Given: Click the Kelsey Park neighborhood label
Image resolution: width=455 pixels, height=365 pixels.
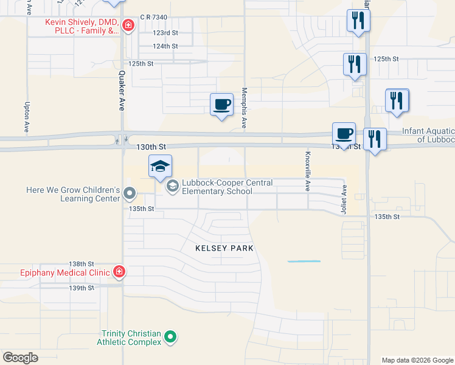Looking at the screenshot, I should click(x=224, y=248).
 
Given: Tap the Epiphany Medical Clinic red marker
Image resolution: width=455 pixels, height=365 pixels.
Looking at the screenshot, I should click(x=119, y=272).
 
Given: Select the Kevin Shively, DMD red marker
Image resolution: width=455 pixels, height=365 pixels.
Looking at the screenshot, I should click(x=128, y=25).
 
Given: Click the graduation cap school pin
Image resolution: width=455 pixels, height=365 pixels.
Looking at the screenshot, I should click(x=161, y=167).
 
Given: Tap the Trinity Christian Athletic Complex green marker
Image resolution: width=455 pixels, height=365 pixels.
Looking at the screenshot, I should click(x=171, y=336).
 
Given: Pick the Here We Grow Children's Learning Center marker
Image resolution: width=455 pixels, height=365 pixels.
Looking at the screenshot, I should click(x=129, y=193).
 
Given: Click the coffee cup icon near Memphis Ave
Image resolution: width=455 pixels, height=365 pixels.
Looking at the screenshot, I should click(x=221, y=104).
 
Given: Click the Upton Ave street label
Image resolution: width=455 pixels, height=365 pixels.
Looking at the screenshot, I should click(x=27, y=117).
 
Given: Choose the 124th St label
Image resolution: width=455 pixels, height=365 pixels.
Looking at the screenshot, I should click(x=165, y=46).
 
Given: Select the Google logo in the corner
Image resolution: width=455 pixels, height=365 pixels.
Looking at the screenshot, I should click(x=20, y=358).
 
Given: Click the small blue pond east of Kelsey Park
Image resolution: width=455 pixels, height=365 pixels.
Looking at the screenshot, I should click(x=304, y=261).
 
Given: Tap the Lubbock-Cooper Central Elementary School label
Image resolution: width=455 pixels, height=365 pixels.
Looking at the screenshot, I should click(x=217, y=187).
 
